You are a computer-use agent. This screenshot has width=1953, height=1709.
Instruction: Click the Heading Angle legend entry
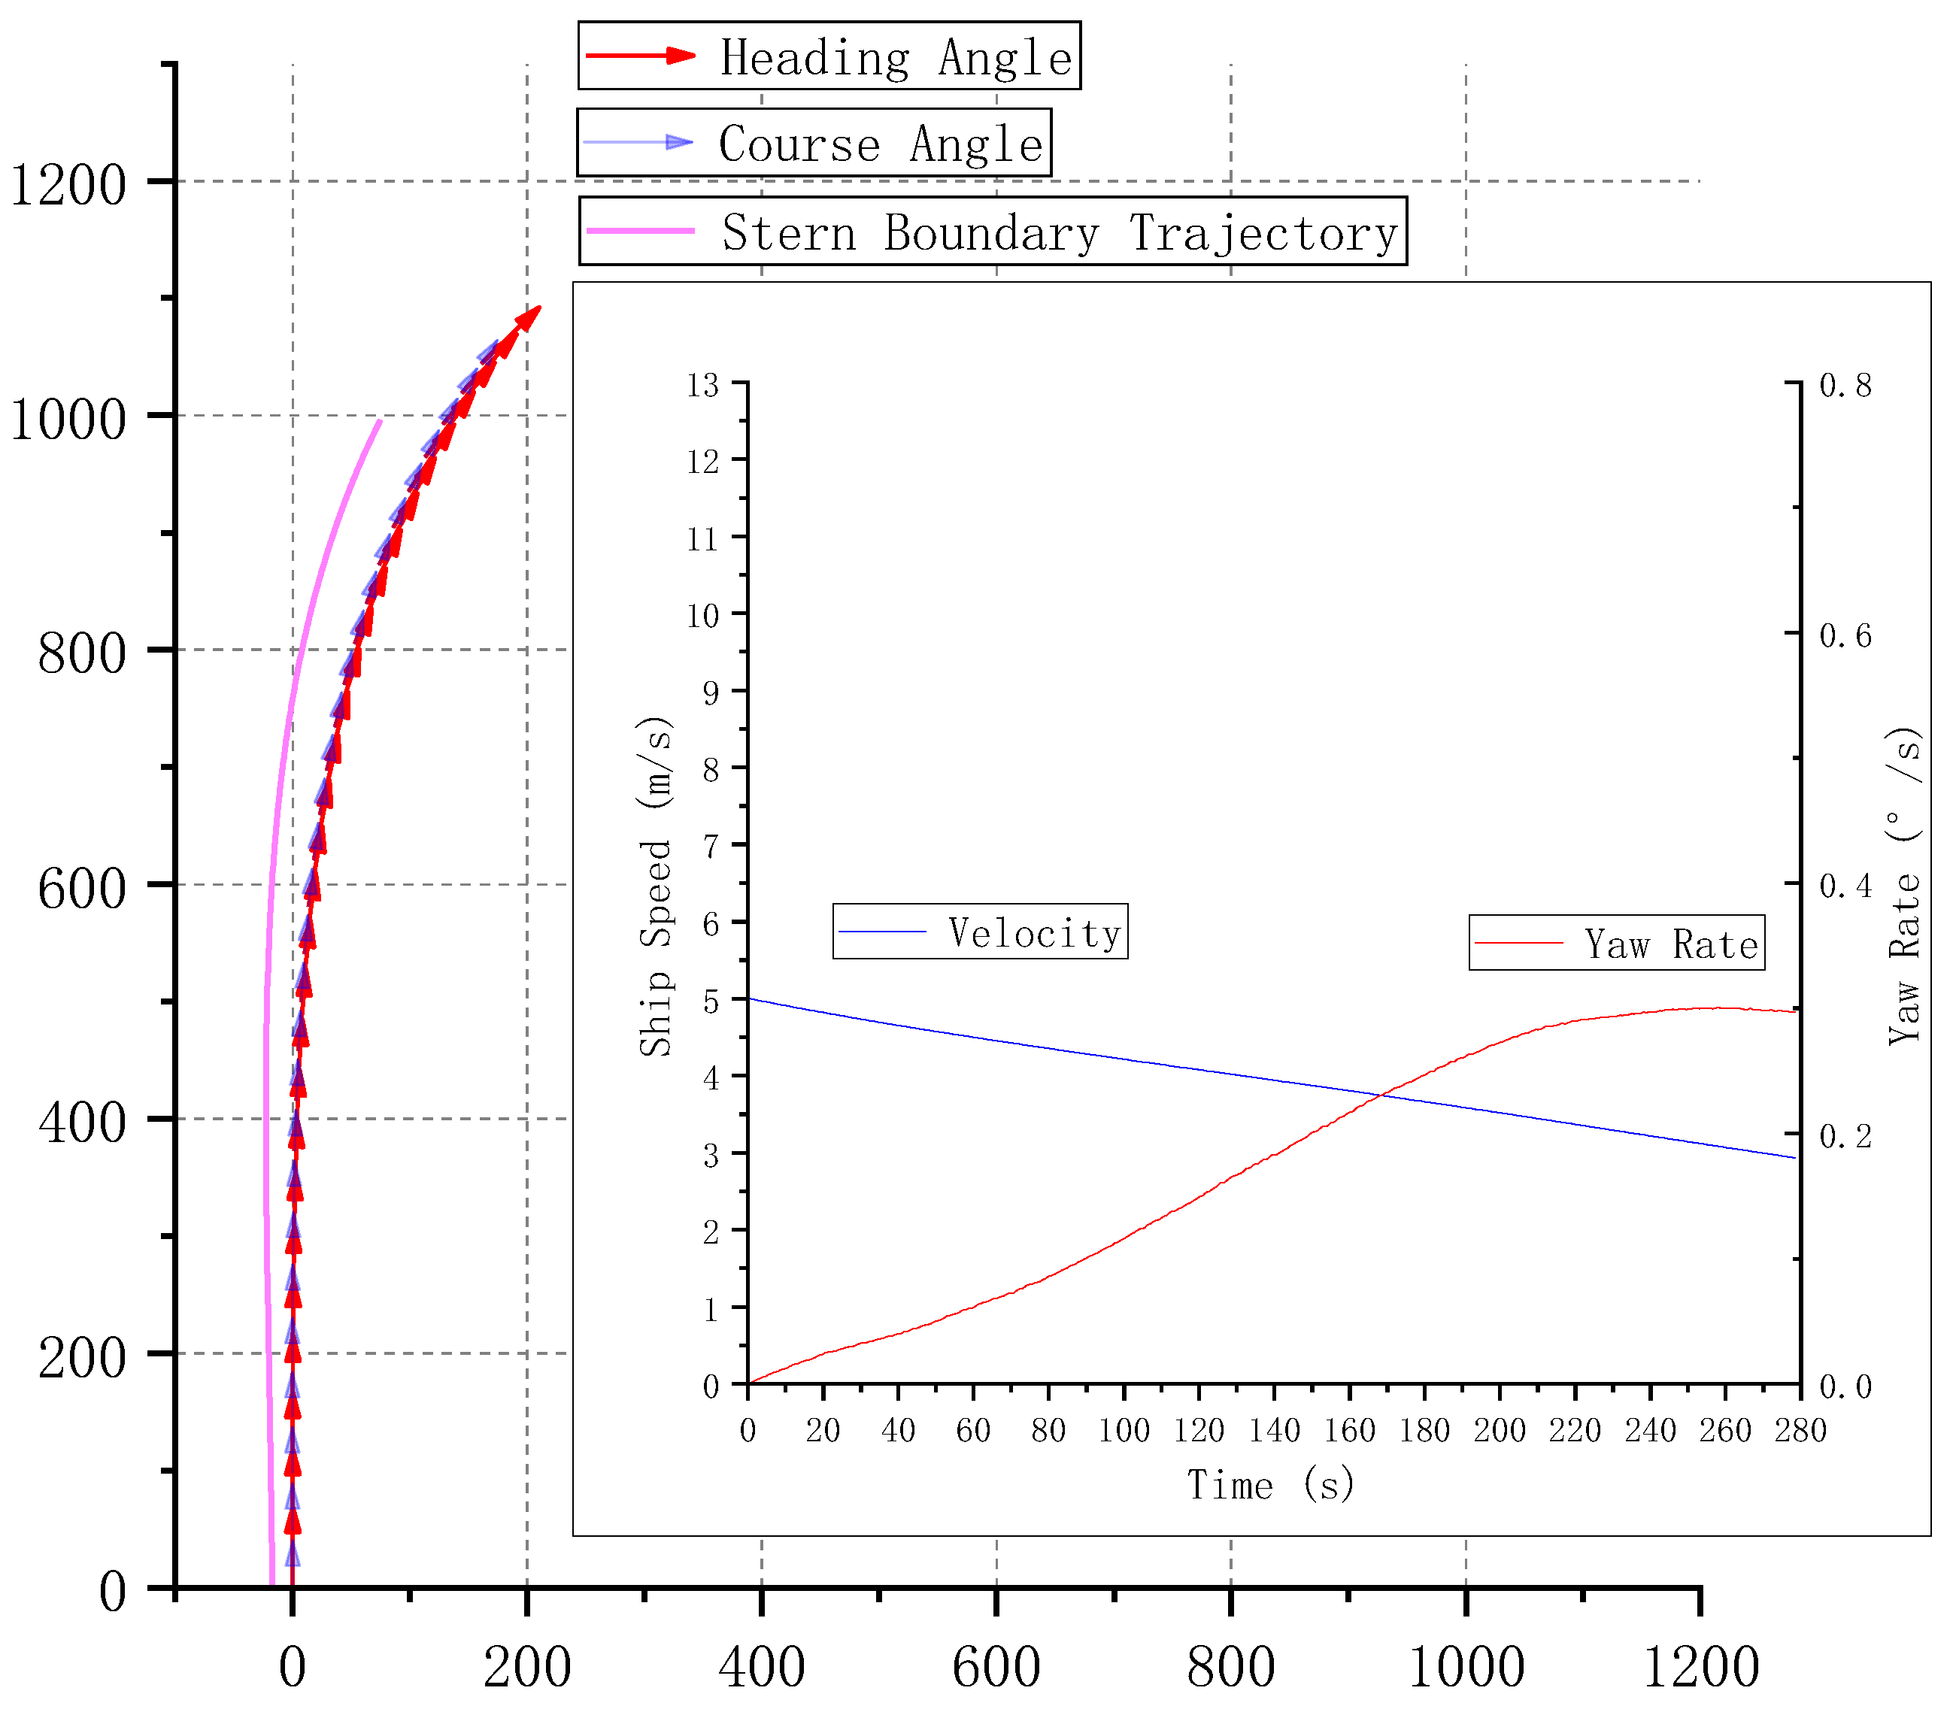829,56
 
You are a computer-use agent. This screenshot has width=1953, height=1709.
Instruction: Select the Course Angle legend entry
814,143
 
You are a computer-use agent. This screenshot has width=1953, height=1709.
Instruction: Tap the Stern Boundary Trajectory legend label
992,232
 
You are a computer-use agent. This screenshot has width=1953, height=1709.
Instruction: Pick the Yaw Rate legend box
1615,943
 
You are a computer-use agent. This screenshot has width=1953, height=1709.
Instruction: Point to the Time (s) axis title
1269,1485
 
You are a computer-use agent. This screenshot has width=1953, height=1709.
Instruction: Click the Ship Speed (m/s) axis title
656,887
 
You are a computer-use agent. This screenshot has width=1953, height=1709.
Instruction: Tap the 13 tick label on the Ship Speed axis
703,385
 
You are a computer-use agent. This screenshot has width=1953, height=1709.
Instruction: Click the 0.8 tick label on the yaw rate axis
1845,385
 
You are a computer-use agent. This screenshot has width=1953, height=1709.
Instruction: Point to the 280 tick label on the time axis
1800,1431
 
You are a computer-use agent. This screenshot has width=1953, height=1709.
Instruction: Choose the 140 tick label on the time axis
1274,1431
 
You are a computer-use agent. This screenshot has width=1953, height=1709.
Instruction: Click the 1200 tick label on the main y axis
68,184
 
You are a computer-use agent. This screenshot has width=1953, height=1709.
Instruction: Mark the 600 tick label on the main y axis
82,888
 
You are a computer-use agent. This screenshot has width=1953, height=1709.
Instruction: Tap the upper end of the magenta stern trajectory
381,420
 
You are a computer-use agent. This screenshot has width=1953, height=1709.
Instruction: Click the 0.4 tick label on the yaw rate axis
1845,886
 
